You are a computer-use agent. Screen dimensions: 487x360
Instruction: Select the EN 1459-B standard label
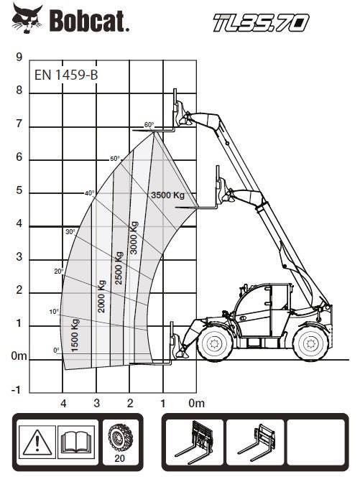[66, 74]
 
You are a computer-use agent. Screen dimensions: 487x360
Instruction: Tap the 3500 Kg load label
[167, 195]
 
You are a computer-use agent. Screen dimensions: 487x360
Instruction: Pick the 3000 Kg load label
[134, 238]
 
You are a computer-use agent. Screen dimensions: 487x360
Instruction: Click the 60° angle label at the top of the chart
[149, 125]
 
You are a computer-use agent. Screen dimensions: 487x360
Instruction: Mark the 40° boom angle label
[89, 193]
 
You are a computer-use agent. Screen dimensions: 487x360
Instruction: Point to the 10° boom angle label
[54, 312]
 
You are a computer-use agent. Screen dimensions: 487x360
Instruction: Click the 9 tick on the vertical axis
[19, 57]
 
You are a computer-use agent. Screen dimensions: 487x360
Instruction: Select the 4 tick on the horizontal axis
[63, 403]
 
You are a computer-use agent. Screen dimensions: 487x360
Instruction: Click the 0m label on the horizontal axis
[196, 403]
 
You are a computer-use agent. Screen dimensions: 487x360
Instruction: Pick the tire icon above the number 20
[118, 436]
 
